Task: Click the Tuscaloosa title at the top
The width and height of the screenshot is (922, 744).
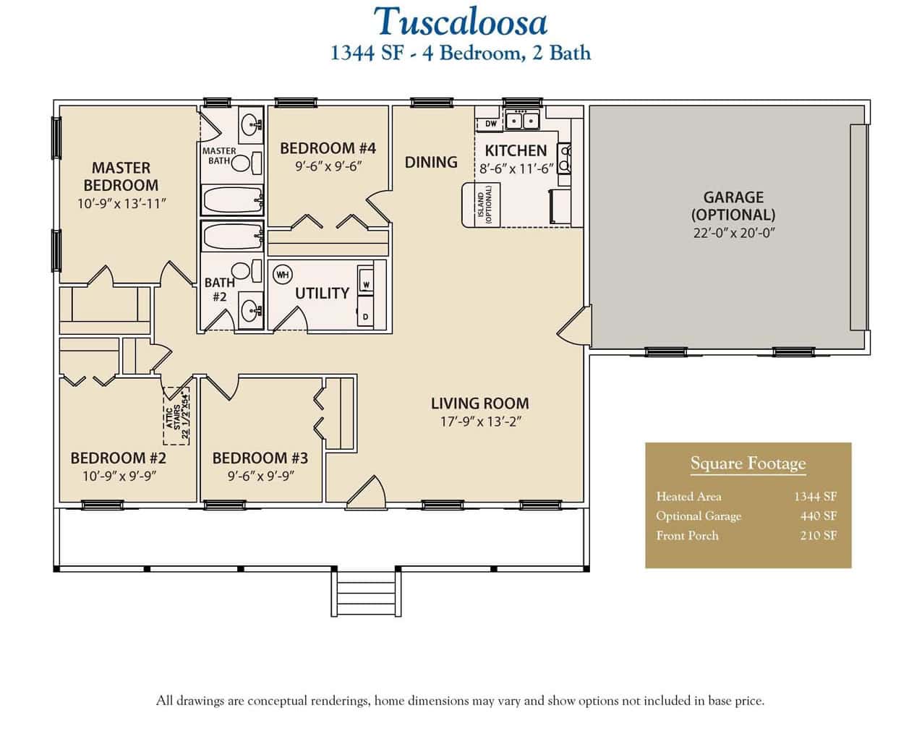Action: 461,22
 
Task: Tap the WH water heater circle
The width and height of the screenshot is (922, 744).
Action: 282,275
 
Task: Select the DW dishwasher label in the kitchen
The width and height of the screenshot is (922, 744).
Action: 490,124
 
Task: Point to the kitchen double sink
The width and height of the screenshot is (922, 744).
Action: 522,120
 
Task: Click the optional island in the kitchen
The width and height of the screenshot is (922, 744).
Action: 481,205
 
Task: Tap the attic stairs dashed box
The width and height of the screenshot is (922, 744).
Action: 176,416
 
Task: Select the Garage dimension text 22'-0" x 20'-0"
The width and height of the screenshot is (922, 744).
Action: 733,233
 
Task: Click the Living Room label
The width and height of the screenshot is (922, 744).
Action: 479,403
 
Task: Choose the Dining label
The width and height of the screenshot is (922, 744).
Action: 431,162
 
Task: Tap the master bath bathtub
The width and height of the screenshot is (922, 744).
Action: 232,200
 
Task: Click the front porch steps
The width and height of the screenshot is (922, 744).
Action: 366,592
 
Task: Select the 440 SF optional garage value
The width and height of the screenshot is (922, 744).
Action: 819,516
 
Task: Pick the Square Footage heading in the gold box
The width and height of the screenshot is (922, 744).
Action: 748,463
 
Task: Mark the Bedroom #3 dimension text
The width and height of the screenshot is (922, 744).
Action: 260,476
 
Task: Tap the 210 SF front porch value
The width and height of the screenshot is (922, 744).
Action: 819,536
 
